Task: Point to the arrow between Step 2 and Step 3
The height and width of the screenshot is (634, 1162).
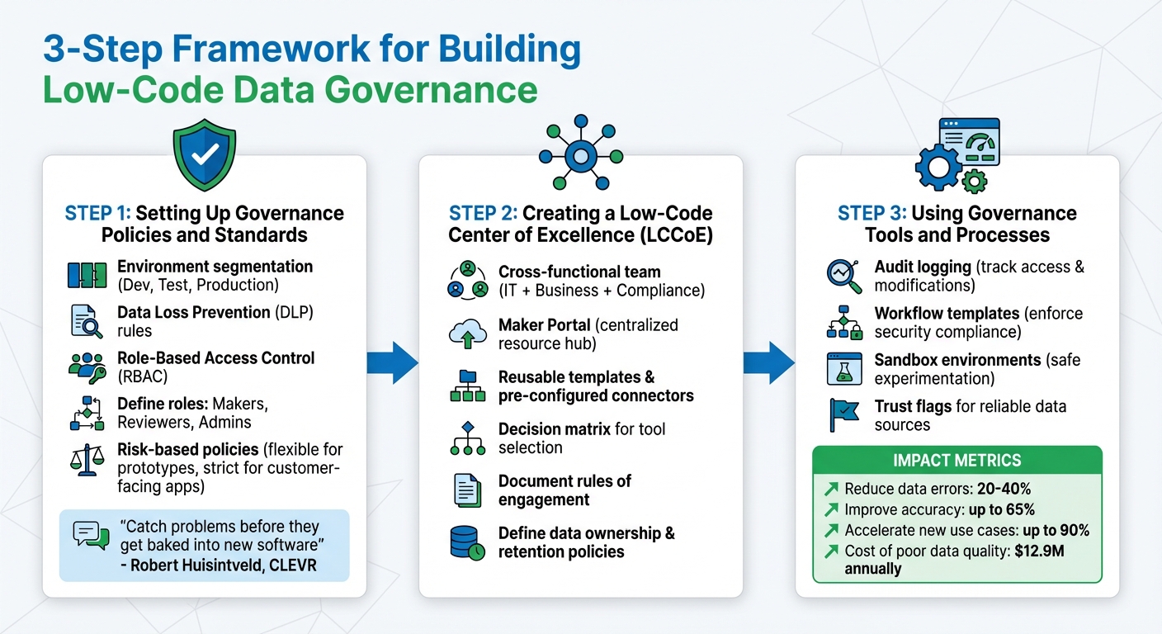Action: pyautogui.click(x=769, y=361)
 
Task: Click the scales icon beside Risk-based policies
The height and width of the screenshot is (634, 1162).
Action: pyautogui.click(x=86, y=460)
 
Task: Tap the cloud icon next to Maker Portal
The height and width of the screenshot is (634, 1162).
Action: pyautogui.click(x=468, y=334)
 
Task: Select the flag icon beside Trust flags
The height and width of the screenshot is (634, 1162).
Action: pyautogui.click(x=844, y=415)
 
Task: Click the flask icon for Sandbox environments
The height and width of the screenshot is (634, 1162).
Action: pyautogui.click(x=844, y=369)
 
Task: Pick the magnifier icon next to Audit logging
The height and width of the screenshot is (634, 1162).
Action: pyautogui.click(x=844, y=276)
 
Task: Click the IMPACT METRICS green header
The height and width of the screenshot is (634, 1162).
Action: pyautogui.click(x=957, y=461)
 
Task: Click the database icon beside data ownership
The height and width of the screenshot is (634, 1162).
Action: pyautogui.click(x=468, y=542)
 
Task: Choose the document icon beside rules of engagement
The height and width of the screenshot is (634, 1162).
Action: pyautogui.click(x=468, y=490)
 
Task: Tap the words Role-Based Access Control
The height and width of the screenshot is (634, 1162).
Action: pyautogui.click(x=215, y=358)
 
